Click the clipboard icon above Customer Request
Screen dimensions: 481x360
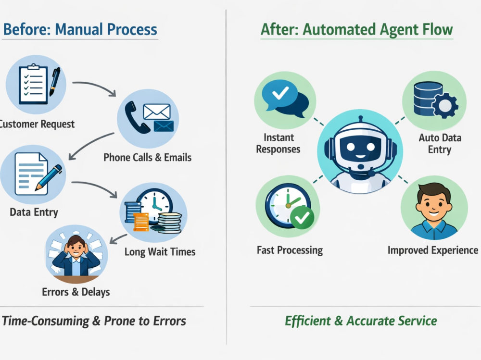pos(33,84)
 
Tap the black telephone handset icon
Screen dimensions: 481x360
pos(135,118)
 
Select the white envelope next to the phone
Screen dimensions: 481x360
pos(157,112)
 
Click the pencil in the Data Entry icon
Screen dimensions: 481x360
pos(49,177)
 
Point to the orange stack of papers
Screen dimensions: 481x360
pos(141,222)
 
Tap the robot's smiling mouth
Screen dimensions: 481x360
pos(360,157)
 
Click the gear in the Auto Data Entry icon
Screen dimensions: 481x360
pos(445,105)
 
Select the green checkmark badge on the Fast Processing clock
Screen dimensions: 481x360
pos(302,217)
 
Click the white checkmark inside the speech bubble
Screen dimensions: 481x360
pos(280,93)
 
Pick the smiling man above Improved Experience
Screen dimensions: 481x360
pos(434,211)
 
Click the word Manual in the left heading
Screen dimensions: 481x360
pos(79,29)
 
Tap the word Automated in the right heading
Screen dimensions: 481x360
pos(339,29)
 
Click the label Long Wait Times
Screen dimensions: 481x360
pos(160,252)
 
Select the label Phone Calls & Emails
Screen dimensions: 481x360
pos(148,157)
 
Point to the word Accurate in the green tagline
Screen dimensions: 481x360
pos(370,321)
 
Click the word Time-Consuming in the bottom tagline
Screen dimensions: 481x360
pos(45,321)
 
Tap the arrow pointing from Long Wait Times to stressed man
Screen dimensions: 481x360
pos(118,239)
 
